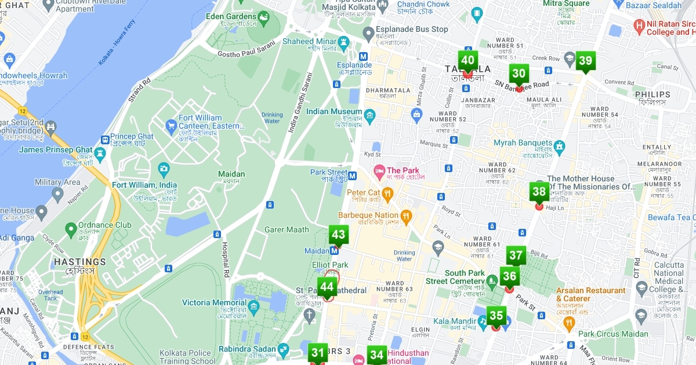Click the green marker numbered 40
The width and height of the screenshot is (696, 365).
click(x=467, y=60)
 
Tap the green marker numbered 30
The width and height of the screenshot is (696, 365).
click(x=519, y=74)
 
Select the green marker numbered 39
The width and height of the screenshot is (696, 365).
click(x=585, y=61)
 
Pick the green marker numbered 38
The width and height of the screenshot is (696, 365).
click(x=539, y=192)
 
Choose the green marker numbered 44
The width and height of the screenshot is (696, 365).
click(x=327, y=287)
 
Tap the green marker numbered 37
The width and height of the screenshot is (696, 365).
click(x=516, y=256)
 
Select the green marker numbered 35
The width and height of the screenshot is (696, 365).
click(x=496, y=316)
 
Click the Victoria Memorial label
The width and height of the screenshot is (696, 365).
click(x=214, y=302)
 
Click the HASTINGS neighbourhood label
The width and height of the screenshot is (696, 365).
click(x=79, y=262)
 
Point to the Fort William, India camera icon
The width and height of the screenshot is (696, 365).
click(x=164, y=169)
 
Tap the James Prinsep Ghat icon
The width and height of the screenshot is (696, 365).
click(x=100, y=154)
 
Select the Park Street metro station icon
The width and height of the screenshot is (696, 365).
click(x=353, y=173)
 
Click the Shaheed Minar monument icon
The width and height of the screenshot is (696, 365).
click(x=345, y=42)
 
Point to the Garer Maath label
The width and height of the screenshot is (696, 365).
click(x=287, y=229)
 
